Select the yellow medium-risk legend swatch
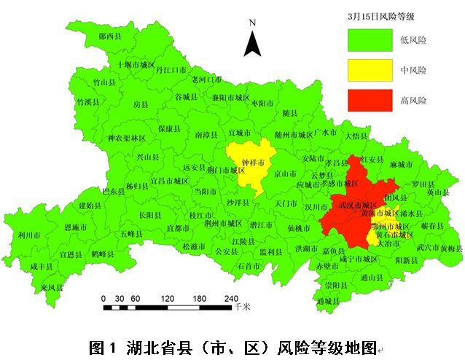point(368,71)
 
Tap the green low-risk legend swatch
point(368,41)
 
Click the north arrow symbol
point(252,43)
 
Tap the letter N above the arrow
point(252,23)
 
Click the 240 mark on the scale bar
point(231,298)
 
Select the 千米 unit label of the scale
point(243,308)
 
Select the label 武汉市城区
point(356,206)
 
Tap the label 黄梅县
point(451,248)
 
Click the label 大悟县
point(359,136)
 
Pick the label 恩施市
point(75,228)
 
